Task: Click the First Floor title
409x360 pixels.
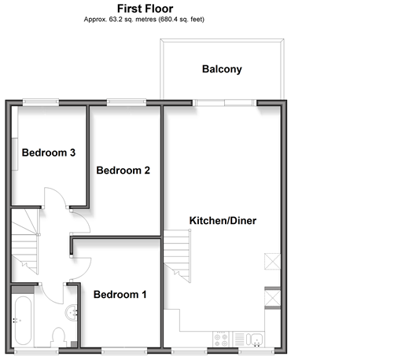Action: [145, 9]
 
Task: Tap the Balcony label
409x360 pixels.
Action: [222, 69]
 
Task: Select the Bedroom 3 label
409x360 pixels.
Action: [49, 152]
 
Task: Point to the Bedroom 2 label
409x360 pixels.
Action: [123, 171]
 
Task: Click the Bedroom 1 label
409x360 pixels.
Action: [120, 295]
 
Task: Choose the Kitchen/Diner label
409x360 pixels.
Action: [223, 221]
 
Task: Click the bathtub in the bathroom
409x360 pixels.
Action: [23, 321]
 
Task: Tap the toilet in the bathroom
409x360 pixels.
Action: [58, 337]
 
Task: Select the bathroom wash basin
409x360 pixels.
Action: [72, 313]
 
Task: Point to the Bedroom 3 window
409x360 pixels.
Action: [41, 102]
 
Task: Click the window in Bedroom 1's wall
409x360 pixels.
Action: [124, 351]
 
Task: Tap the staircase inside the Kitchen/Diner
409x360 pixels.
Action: [177, 256]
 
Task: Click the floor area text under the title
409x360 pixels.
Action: [144, 20]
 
